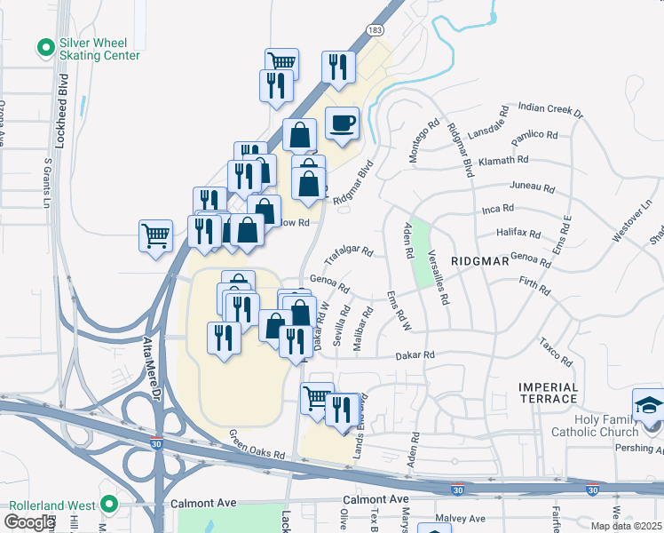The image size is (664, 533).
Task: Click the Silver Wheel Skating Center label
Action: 99,49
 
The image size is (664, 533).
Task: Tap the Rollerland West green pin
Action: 109,504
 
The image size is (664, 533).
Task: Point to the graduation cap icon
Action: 649,405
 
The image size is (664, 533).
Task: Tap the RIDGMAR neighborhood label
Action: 479,262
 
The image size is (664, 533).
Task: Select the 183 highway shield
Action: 375,30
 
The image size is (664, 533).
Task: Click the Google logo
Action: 29,522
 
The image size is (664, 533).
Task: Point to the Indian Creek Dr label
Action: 550,110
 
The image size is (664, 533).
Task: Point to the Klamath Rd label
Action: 503,161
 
